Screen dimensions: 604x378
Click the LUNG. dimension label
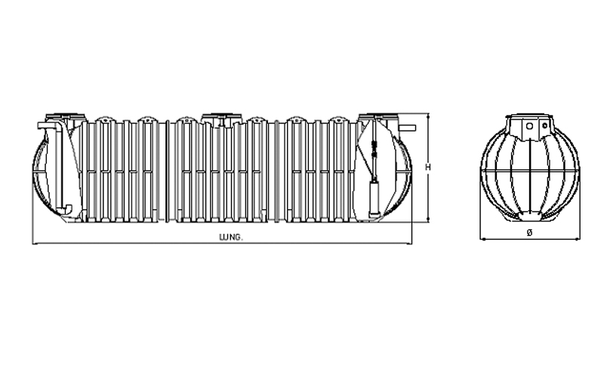(x=231, y=237)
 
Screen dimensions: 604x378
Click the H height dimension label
(x=427, y=167)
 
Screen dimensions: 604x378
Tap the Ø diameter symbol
(x=529, y=232)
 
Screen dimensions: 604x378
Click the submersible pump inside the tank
(x=374, y=197)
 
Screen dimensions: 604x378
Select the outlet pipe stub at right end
(x=408, y=128)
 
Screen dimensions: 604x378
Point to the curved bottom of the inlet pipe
(x=66, y=209)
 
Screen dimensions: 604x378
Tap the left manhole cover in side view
(x=66, y=116)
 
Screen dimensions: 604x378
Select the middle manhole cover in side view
(x=221, y=116)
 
